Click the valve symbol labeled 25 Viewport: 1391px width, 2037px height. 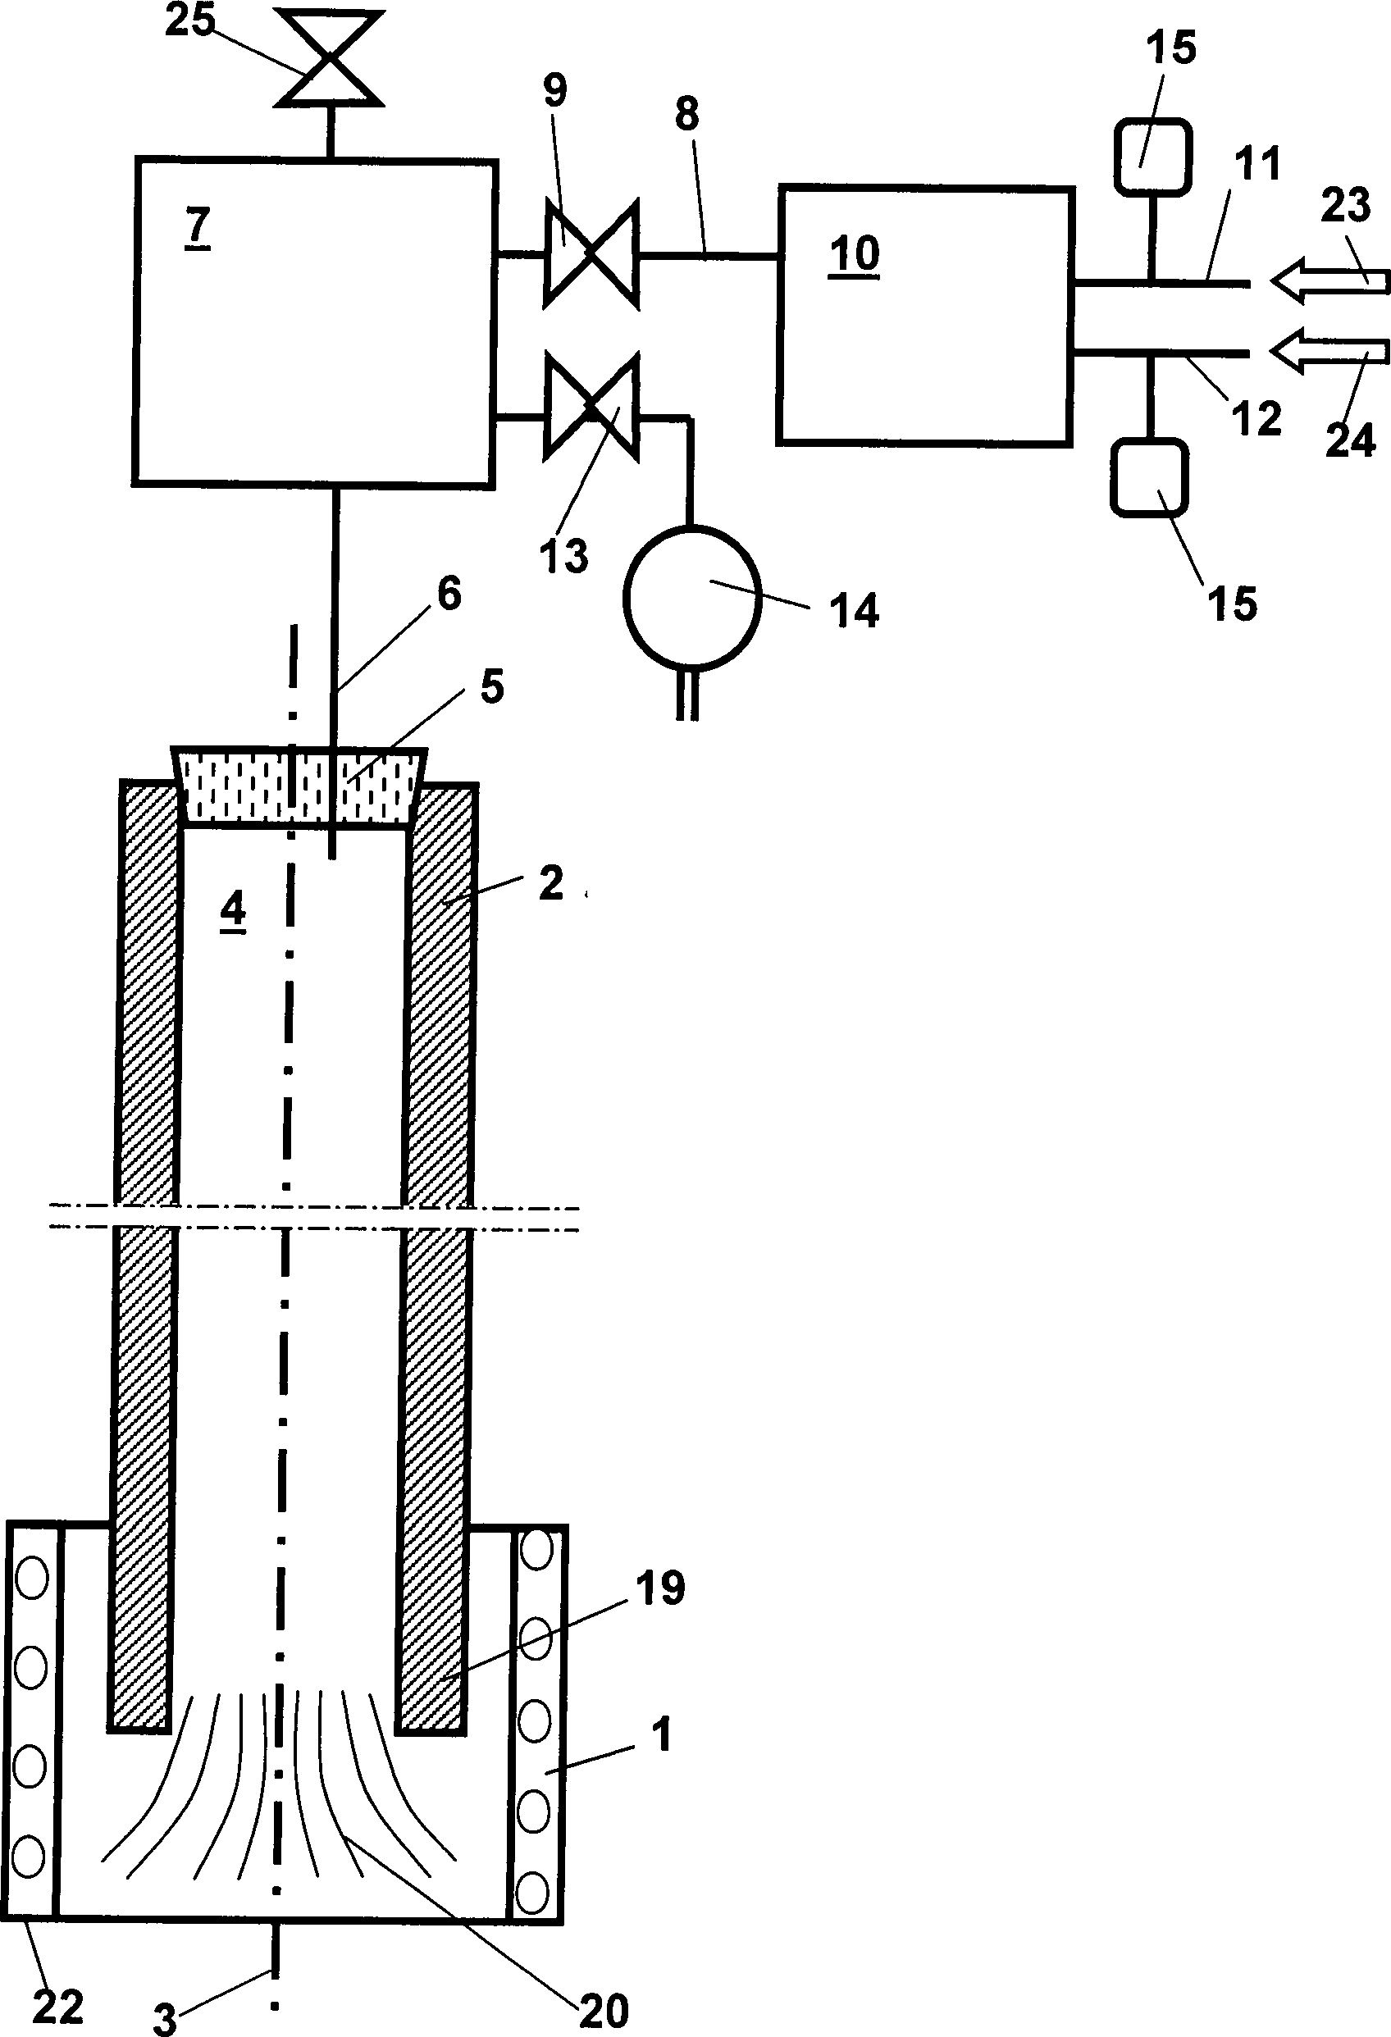(329, 59)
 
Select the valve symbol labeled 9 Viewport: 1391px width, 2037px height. (591, 254)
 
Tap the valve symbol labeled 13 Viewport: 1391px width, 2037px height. (591, 407)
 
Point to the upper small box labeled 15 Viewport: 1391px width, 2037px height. (1152, 156)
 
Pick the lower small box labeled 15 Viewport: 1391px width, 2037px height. (1149, 476)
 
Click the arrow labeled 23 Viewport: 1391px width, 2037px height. (1329, 281)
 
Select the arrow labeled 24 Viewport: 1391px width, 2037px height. (1329, 353)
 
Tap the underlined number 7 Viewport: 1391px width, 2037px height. (198, 227)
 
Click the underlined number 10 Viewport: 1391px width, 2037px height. (854, 254)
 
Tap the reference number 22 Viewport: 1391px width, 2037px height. (58, 2007)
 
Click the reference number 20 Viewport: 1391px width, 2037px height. (604, 2009)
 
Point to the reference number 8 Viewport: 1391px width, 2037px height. (687, 115)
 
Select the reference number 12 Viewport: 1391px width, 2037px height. (1255, 418)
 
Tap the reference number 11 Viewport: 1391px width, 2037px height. (1256, 164)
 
